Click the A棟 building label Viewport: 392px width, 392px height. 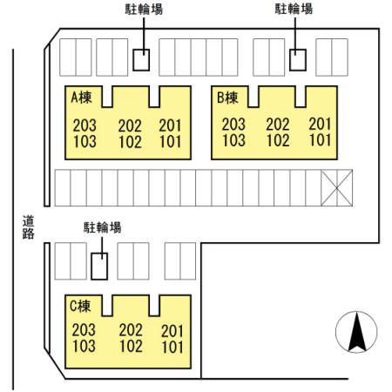click(81, 98)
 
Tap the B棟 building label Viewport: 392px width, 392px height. click(227, 98)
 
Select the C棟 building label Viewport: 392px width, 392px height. click(80, 306)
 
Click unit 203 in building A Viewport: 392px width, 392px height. click(84, 125)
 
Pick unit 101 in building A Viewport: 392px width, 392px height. click(171, 142)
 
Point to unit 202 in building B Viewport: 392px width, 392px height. click(278, 125)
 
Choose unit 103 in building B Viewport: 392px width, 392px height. click(233, 140)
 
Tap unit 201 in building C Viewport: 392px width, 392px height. click(172, 331)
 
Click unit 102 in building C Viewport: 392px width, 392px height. click(131, 347)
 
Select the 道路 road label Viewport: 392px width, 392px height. click(29, 227)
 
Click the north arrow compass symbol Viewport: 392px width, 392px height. click(356, 332)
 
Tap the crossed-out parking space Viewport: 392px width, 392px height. click(337, 188)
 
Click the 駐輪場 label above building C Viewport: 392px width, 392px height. click(102, 227)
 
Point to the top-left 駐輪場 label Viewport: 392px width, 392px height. click(144, 9)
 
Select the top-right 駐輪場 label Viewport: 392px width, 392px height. click(294, 9)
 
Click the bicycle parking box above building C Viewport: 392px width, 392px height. click(99, 267)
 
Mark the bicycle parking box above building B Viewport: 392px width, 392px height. click(298, 60)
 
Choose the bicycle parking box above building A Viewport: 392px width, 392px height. click(141, 60)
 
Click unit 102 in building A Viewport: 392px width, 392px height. click(130, 142)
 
